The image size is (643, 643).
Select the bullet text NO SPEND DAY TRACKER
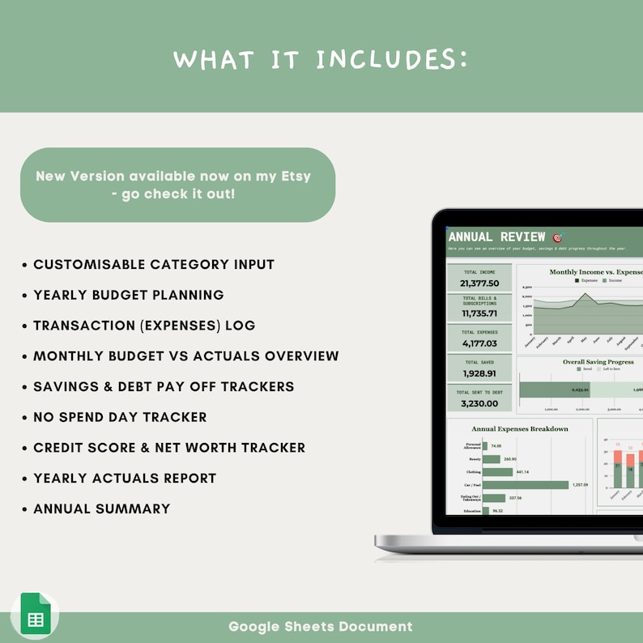[x=120, y=417]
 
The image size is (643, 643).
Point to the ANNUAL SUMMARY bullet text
[x=101, y=509]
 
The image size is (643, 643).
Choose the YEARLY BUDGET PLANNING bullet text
[x=128, y=295]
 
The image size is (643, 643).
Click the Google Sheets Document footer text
[x=321, y=626]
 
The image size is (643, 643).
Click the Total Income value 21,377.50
[x=479, y=283]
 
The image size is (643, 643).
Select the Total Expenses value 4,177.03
[x=479, y=343]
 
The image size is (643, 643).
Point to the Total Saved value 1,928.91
[x=479, y=373]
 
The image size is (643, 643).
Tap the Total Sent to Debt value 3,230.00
[x=479, y=403]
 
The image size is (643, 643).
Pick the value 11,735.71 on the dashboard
[x=479, y=313]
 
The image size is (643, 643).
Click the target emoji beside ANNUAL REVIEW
[x=557, y=237]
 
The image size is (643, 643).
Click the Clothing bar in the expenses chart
[x=497, y=472]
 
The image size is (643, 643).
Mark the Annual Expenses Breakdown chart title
[x=519, y=428]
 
